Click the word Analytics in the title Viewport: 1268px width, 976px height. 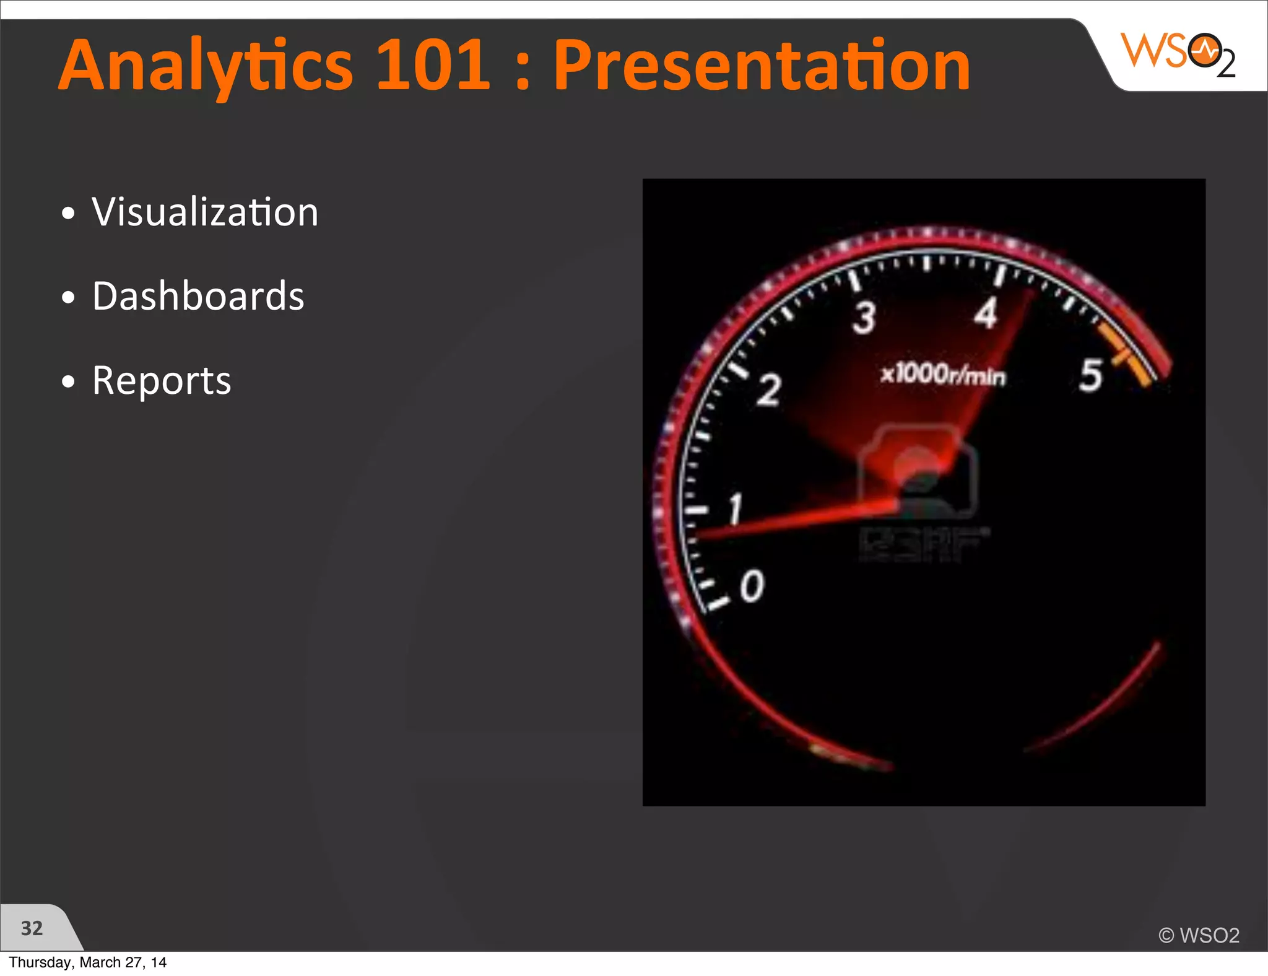point(206,65)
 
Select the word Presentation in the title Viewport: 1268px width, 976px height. point(761,65)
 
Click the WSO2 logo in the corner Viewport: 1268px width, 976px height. point(1178,54)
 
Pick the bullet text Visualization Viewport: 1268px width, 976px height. point(205,212)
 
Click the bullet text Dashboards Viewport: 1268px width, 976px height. point(198,296)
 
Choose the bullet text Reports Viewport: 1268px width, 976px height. point(162,380)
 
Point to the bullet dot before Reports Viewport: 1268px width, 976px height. point(68,382)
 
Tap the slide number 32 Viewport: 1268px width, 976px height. point(32,928)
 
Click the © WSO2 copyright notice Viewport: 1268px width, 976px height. point(1199,935)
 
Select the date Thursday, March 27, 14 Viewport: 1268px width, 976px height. point(87,962)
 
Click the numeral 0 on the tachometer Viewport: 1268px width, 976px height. point(752,586)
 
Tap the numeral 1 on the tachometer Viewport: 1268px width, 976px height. point(735,509)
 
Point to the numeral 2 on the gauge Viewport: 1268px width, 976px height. point(769,391)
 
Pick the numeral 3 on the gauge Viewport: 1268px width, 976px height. point(864,318)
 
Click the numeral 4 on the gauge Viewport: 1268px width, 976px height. point(986,313)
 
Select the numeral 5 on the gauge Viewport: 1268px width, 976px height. point(1091,375)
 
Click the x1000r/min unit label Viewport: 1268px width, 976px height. point(943,375)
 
